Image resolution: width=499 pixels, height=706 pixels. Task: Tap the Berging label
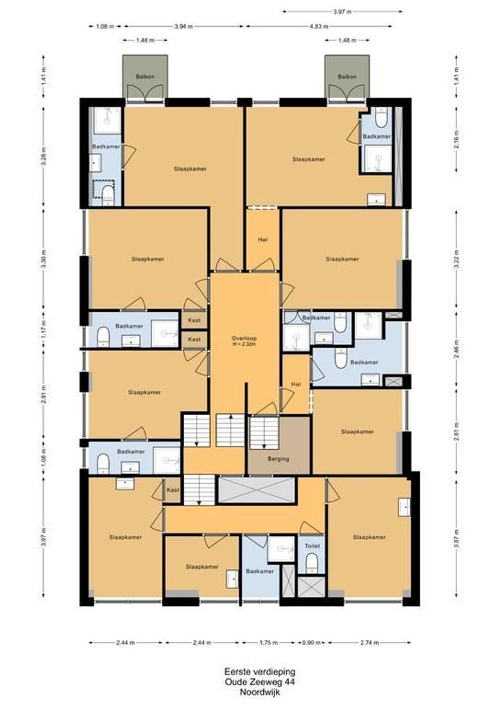tap(278, 459)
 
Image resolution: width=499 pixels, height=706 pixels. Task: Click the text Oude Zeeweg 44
tap(249, 681)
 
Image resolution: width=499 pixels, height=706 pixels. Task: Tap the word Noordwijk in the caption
tap(249, 691)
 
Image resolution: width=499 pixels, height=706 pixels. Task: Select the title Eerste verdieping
tap(249, 671)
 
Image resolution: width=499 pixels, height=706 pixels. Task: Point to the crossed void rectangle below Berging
tap(256, 490)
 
